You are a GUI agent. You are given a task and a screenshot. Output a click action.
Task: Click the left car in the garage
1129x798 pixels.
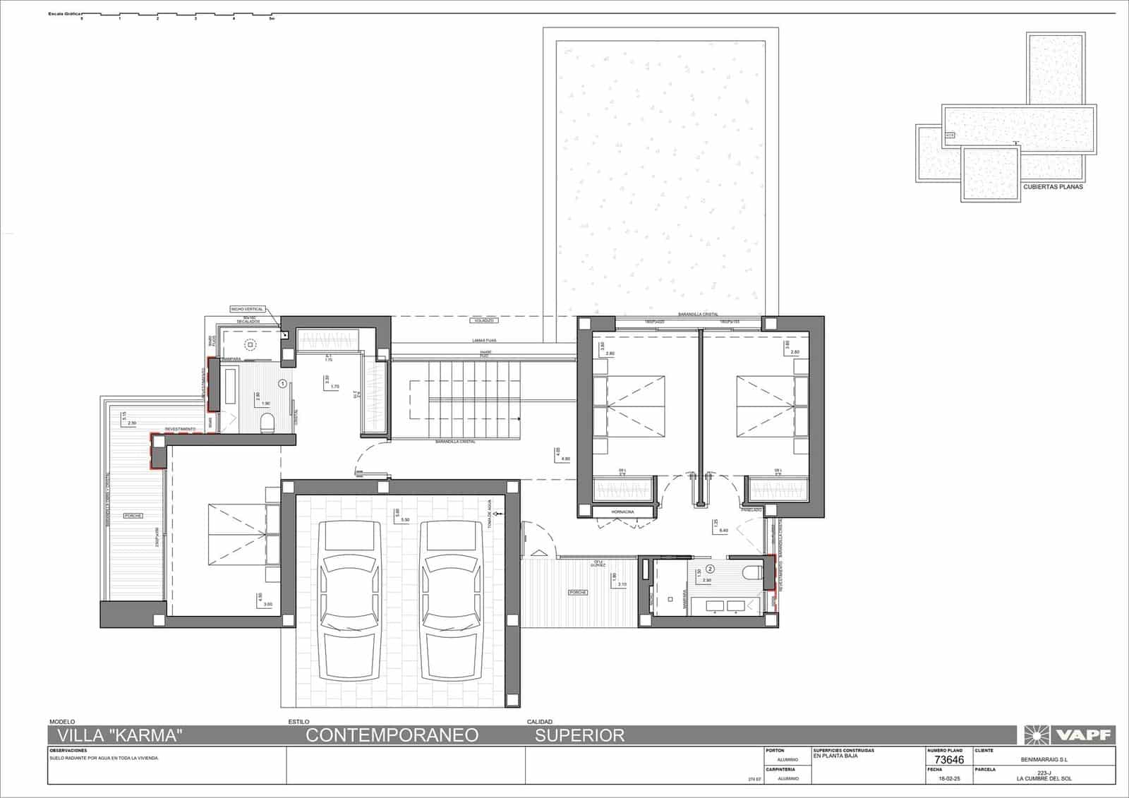pos(350,600)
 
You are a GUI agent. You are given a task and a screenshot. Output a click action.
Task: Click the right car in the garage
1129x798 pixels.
pos(451,600)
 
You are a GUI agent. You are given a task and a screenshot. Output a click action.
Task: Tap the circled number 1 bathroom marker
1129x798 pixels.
pos(283,384)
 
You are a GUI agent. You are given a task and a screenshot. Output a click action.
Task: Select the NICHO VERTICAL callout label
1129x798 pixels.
pos(247,309)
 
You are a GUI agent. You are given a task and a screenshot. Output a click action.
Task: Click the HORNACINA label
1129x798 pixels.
pos(622,512)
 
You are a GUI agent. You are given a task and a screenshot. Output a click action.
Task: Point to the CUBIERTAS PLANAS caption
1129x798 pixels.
pos(1052,187)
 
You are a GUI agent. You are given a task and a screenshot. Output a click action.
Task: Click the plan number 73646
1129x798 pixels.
pos(948,760)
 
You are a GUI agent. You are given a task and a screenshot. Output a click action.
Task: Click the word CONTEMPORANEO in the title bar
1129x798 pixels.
pos(392,735)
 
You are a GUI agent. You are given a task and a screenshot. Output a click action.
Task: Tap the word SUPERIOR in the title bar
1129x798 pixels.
pos(579,735)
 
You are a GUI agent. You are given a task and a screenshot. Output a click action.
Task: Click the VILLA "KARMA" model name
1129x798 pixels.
pos(119,735)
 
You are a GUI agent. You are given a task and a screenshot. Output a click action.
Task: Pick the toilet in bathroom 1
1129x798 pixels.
pos(267,423)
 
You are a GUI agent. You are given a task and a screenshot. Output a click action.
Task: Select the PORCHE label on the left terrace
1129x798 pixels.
pos(133,516)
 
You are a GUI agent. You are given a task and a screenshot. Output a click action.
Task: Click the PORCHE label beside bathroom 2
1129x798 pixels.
pos(577,593)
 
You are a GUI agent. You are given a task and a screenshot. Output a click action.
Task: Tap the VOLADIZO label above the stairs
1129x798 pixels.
pos(483,320)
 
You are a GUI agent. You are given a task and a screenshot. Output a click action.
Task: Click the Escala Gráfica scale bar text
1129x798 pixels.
pos(64,13)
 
